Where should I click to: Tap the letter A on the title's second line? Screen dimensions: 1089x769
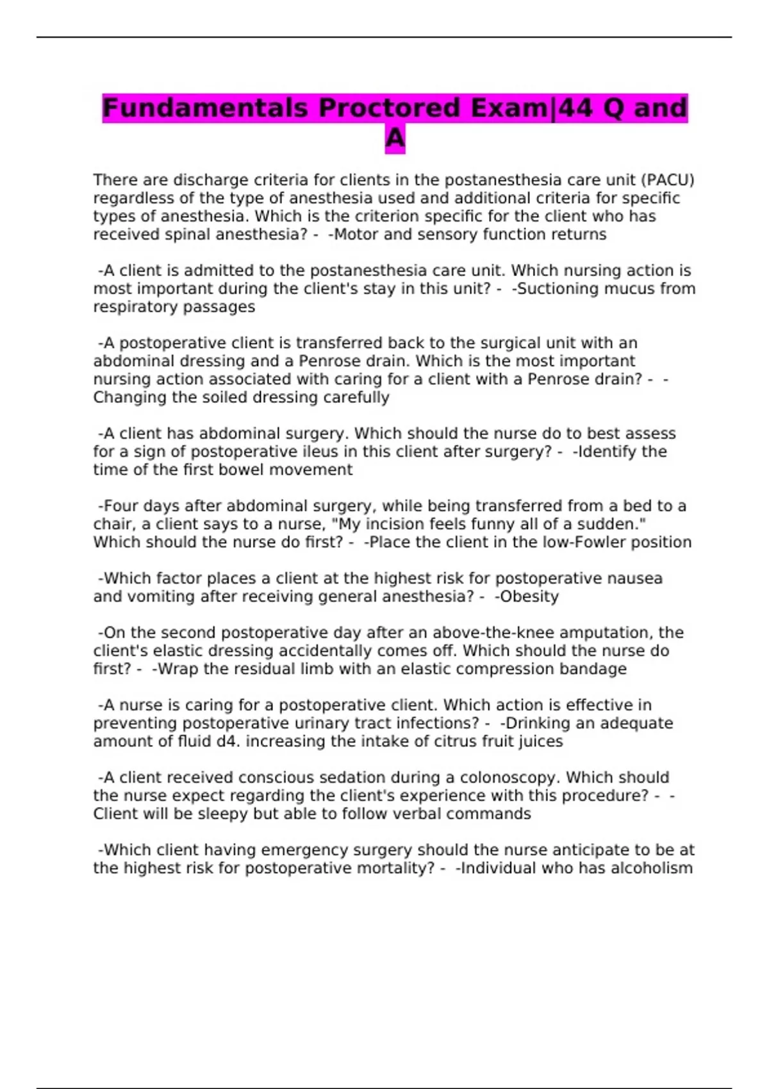[395, 138]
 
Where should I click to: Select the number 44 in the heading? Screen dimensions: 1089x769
[575, 108]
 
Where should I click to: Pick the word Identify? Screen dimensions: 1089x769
[606, 452]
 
